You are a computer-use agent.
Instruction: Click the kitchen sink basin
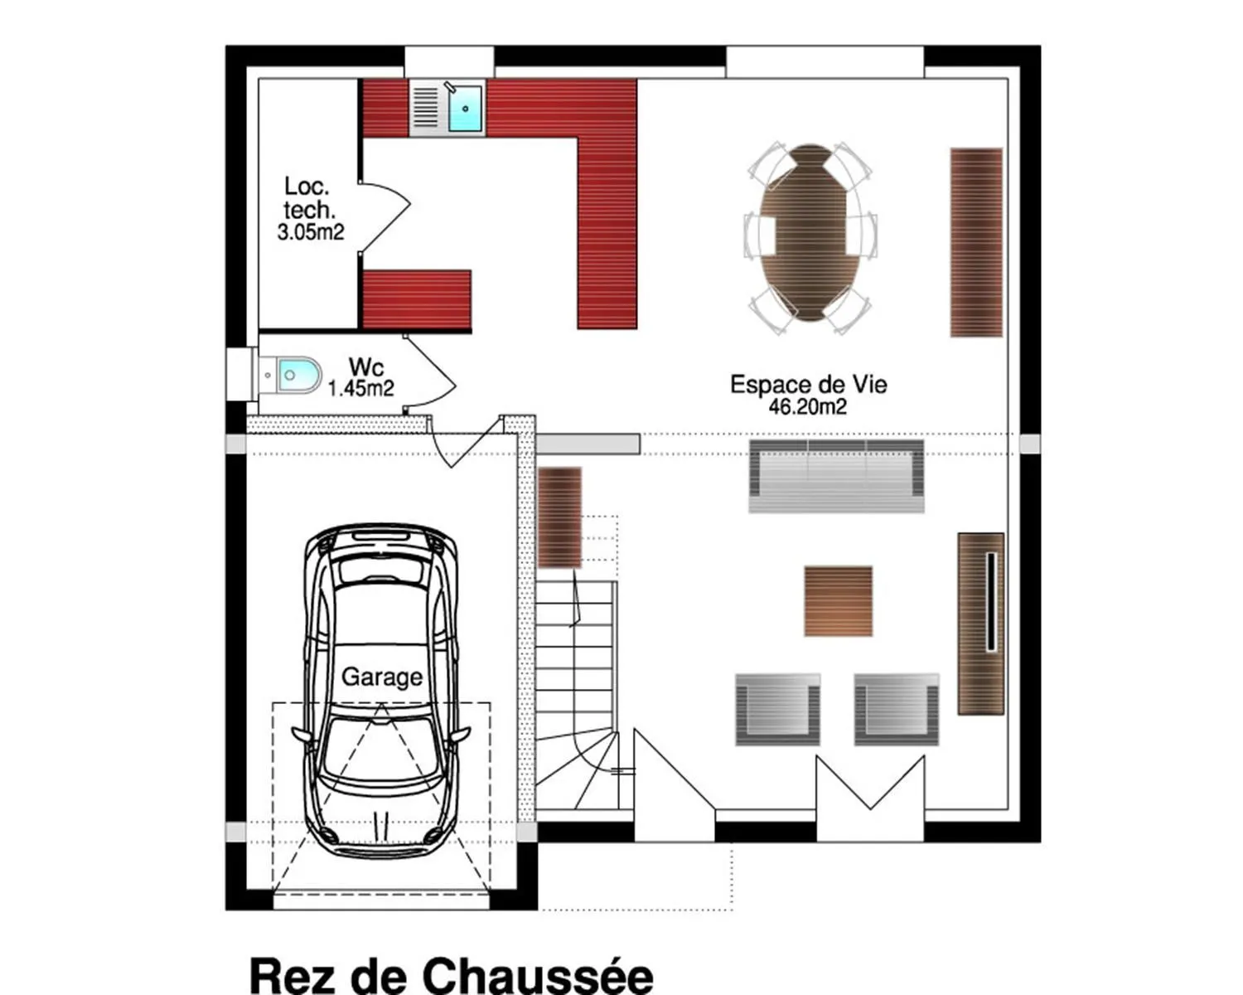[x=465, y=108]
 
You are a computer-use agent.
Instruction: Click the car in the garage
[x=381, y=692]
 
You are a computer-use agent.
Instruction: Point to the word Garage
[x=382, y=677]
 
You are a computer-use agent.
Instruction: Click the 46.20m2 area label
[x=807, y=407]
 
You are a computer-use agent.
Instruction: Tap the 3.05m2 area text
[x=311, y=232]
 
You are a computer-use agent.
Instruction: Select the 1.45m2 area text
[x=361, y=388]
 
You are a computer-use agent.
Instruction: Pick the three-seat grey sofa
[x=836, y=477]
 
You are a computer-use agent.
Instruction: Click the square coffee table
[x=838, y=601]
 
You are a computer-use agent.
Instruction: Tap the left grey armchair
[x=777, y=710]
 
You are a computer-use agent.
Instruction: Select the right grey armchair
[x=897, y=710]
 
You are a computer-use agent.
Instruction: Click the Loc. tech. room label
[x=308, y=197]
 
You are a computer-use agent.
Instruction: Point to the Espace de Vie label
[x=808, y=385]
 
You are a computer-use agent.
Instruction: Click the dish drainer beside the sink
[x=426, y=108]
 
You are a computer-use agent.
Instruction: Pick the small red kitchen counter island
[x=417, y=298]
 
